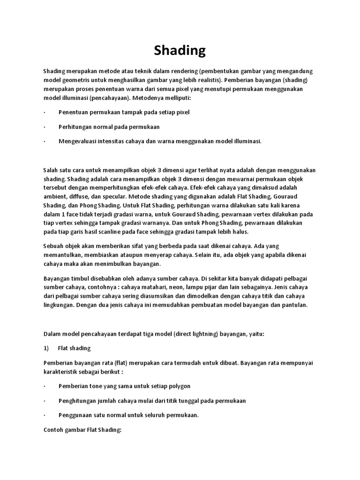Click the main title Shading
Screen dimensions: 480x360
point(180,50)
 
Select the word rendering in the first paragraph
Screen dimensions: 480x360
point(180,71)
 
